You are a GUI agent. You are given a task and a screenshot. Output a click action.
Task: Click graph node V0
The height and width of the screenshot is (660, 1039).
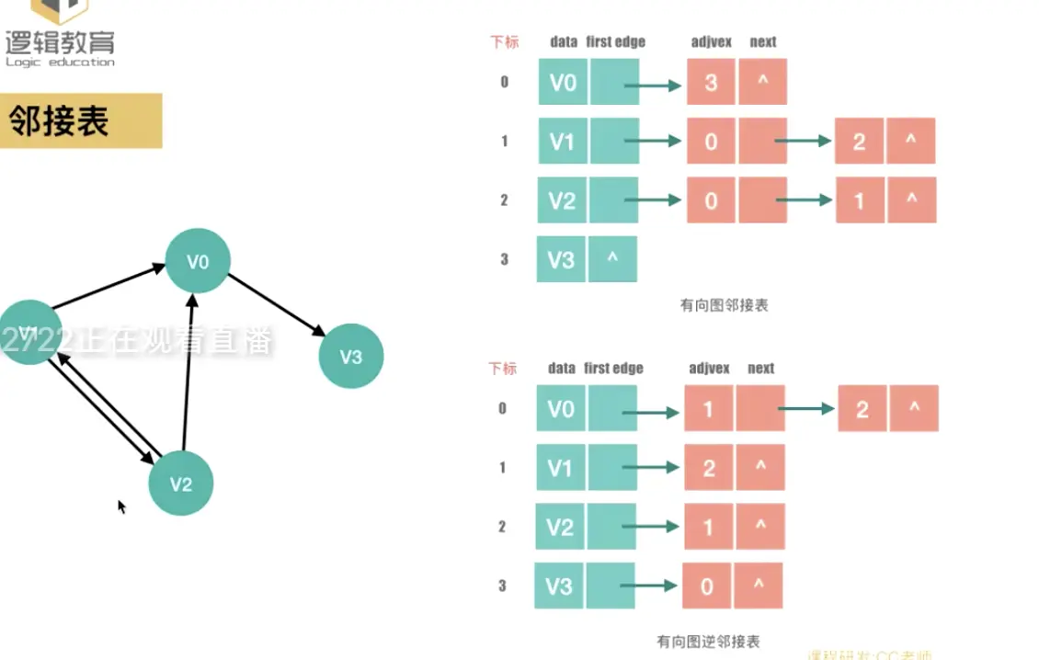pyautogui.click(x=198, y=261)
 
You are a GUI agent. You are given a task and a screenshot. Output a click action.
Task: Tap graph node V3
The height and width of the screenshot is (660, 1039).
pyautogui.click(x=350, y=357)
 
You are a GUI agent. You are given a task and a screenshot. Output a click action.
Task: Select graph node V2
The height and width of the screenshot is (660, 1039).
pyautogui.click(x=181, y=484)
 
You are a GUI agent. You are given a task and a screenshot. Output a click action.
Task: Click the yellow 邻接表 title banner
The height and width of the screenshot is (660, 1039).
pyautogui.click(x=80, y=120)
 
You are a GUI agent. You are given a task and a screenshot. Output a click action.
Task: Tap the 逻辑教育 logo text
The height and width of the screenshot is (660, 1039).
pyautogui.click(x=61, y=42)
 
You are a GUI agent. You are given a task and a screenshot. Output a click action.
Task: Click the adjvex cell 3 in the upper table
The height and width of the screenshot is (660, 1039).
pyautogui.click(x=711, y=84)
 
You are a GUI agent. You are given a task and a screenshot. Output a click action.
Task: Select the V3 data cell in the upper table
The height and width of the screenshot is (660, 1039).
pyautogui.click(x=561, y=259)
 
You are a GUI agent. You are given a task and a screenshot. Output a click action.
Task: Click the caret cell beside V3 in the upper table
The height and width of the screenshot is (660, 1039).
pyautogui.click(x=612, y=259)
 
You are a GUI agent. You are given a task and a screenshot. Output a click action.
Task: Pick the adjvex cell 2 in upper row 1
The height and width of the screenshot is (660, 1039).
pyautogui.click(x=859, y=142)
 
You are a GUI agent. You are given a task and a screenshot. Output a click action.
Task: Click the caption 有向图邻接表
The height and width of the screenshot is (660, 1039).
pyautogui.click(x=724, y=305)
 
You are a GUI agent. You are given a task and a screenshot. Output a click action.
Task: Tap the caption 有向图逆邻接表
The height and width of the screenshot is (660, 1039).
pyautogui.click(x=708, y=642)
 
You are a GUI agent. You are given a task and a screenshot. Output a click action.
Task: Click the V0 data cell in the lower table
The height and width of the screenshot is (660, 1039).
pyautogui.click(x=561, y=409)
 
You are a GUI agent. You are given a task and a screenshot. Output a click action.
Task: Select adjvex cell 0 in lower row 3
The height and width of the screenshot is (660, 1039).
pyautogui.click(x=706, y=586)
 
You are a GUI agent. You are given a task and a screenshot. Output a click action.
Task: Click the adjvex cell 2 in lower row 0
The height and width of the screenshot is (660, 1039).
pyautogui.click(x=862, y=409)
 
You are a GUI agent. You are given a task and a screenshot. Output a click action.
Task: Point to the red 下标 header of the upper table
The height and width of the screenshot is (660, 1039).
pyautogui.click(x=504, y=41)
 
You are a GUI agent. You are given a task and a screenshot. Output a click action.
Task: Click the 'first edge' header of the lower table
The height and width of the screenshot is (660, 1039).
pyautogui.click(x=613, y=369)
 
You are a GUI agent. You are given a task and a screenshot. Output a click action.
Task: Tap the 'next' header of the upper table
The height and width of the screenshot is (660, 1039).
pyautogui.click(x=762, y=41)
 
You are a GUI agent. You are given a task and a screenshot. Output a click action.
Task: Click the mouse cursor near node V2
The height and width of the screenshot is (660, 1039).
pyautogui.click(x=121, y=506)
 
